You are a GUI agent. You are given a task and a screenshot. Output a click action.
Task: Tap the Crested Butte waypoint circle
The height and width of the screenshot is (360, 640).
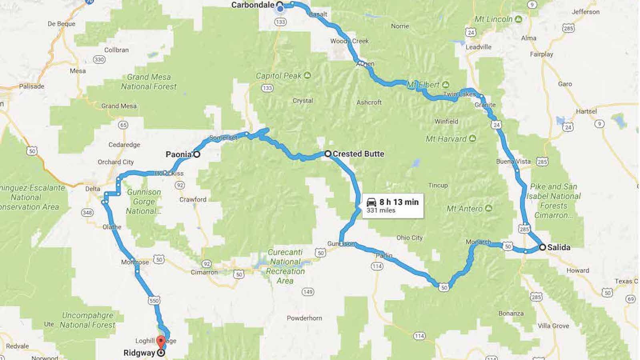click(328, 154)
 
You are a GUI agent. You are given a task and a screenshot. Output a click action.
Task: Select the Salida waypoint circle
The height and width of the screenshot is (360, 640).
click(542, 247)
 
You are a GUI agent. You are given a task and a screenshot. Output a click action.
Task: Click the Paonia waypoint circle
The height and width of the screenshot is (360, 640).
click(197, 154)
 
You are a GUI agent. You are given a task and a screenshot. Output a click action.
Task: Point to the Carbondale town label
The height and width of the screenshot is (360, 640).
click(253, 5)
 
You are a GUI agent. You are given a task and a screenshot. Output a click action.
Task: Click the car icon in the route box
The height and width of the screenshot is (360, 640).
click(371, 202)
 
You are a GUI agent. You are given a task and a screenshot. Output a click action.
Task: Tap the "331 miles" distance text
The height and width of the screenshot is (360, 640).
click(381, 210)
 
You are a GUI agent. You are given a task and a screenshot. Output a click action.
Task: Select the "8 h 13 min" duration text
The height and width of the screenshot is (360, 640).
click(399, 202)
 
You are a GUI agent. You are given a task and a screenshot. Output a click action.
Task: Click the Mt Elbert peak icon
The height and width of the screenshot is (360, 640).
click(446, 85)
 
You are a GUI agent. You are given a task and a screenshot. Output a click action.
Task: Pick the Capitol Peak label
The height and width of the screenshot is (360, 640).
click(279, 76)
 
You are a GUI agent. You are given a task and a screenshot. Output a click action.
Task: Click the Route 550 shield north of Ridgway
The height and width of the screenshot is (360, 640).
click(154, 301)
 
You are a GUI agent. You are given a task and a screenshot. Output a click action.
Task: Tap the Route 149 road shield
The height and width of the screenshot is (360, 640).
click(308, 292)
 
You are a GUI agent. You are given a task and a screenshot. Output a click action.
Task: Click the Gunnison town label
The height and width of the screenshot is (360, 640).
click(341, 244)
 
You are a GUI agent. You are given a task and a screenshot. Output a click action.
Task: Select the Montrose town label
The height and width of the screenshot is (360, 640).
click(135, 262)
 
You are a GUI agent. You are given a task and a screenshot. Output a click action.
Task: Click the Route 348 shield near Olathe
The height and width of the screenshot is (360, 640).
click(87, 212)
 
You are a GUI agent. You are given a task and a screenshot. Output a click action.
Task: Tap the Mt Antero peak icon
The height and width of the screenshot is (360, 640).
click(488, 208)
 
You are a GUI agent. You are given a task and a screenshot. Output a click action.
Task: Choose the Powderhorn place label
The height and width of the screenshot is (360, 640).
click(304, 318)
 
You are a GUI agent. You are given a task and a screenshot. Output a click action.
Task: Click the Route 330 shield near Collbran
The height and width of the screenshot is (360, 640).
click(99, 60)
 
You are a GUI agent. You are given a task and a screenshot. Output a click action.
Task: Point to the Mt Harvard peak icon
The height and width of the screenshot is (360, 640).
click(472, 139)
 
